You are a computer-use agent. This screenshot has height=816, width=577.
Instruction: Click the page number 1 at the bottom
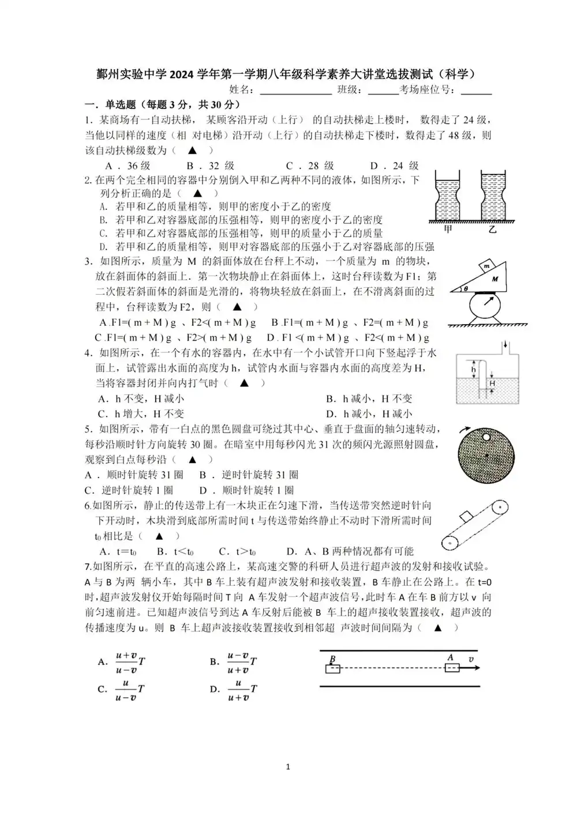click(x=288, y=766)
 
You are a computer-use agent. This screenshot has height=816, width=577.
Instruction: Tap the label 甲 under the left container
click(x=448, y=230)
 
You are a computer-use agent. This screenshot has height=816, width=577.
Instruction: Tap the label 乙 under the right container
click(x=492, y=230)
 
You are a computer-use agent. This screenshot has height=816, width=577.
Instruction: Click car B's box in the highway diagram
click(x=332, y=669)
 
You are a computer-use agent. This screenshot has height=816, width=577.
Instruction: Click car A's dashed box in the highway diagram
click(x=452, y=668)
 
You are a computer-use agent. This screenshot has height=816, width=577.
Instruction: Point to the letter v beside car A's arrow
click(x=471, y=659)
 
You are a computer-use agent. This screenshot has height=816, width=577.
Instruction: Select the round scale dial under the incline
click(x=489, y=303)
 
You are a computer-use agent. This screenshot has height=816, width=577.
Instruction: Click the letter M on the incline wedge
click(x=494, y=279)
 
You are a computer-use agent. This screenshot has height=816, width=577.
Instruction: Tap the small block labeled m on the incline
click(x=488, y=266)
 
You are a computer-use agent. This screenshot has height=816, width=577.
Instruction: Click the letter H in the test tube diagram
click(x=492, y=383)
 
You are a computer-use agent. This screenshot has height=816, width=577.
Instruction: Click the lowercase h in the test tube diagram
click(x=473, y=369)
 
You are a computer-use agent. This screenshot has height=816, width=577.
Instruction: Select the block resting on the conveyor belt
click(x=466, y=516)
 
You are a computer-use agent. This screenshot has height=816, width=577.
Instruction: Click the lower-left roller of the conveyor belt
click(x=449, y=543)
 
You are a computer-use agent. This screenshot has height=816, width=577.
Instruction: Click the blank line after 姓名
click(x=295, y=90)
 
